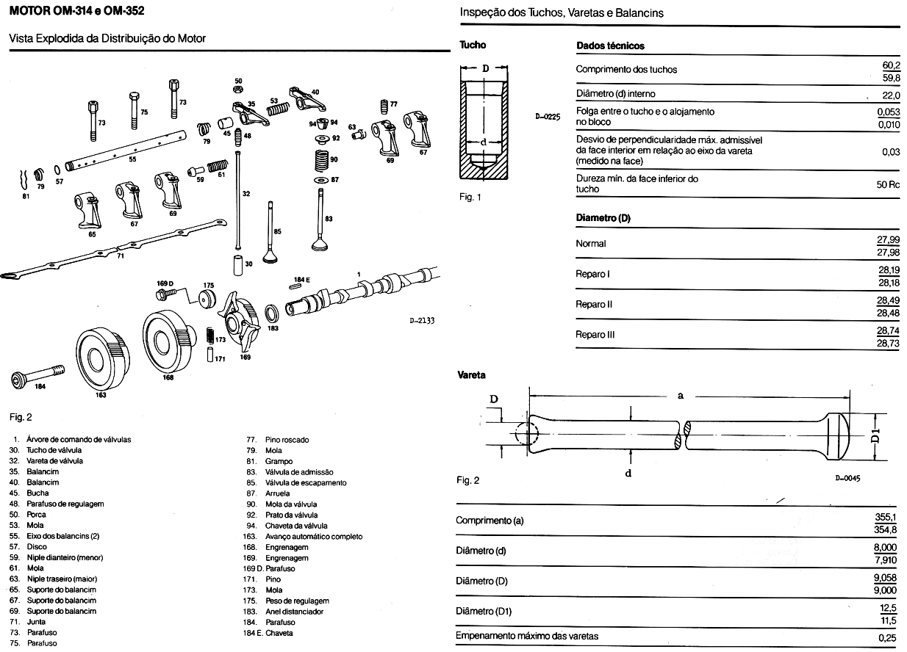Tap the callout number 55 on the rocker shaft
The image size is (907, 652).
click(x=132, y=159)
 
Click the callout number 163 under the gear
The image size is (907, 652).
click(x=101, y=395)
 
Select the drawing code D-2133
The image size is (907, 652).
click(x=422, y=320)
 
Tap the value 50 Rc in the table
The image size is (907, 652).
click(x=888, y=184)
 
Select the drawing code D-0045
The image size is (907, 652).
click(x=847, y=478)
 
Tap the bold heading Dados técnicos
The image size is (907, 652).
click(x=610, y=46)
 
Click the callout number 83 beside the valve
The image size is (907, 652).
click(x=329, y=219)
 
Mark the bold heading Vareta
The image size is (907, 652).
click(x=472, y=375)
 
